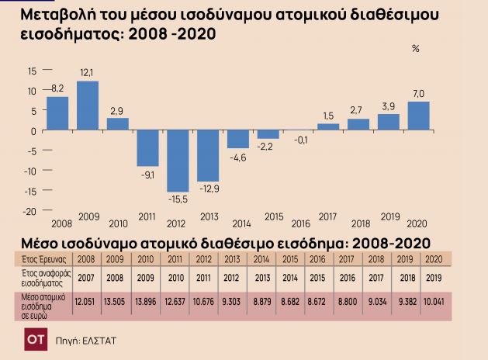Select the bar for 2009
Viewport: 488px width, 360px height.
click(x=88, y=106)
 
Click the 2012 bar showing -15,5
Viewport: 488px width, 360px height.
click(x=178, y=161)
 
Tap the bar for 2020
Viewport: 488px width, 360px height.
click(x=419, y=116)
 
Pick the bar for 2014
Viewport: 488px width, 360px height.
click(x=238, y=139)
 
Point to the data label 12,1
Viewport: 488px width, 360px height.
click(x=87, y=73)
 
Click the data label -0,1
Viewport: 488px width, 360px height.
click(x=301, y=140)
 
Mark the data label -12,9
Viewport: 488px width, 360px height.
click(x=209, y=189)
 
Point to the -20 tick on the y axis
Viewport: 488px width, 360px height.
click(x=29, y=212)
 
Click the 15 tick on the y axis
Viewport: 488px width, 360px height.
click(x=32, y=71)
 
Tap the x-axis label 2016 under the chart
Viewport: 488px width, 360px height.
click(x=301, y=223)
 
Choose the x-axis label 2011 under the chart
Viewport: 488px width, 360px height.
click(x=147, y=216)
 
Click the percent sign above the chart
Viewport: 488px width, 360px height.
click(x=416, y=49)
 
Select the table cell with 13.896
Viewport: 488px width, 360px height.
click(x=146, y=302)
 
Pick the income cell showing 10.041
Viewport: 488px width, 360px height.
click(x=434, y=302)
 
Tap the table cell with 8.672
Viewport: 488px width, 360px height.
click(x=317, y=302)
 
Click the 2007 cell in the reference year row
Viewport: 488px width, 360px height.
click(x=86, y=278)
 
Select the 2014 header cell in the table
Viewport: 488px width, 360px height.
click(x=261, y=259)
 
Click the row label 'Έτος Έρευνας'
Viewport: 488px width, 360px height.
click(x=44, y=259)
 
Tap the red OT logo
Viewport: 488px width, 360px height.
click(x=36, y=339)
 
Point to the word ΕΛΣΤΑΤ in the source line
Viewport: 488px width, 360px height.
click(x=99, y=341)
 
